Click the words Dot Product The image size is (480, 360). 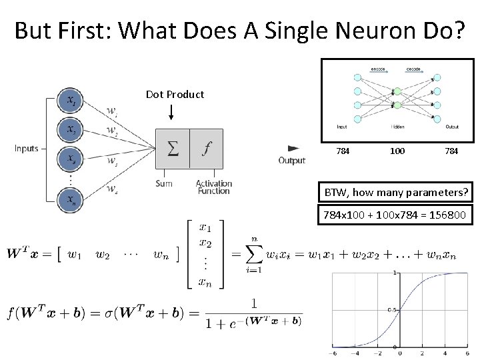pyautogui.click(x=175, y=95)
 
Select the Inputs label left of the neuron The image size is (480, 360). pyautogui.click(x=27, y=148)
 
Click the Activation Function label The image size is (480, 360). pyautogui.click(x=214, y=187)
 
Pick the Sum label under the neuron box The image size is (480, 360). pyautogui.click(x=164, y=183)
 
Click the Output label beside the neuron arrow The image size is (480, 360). pyautogui.click(x=291, y=160)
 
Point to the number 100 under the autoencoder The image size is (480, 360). pyautogui.click(x=397, y=151)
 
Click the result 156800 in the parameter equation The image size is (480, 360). pyautogui.click(x=448, y=215)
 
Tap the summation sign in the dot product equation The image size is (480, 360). pyautogui.click(x=254, y=257)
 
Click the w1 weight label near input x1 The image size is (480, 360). pyautogui.click(x=112, y=111)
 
